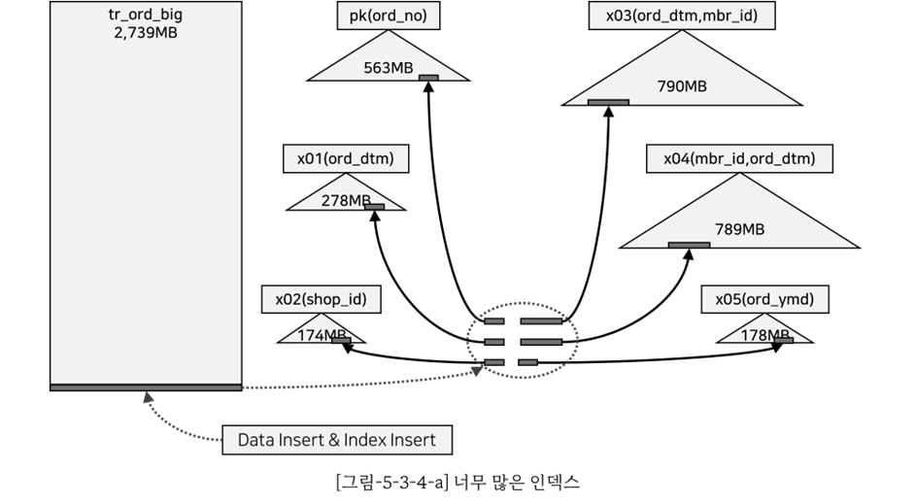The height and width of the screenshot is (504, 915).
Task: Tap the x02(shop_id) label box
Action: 321,299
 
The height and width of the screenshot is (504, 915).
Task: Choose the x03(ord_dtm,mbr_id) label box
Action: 682,16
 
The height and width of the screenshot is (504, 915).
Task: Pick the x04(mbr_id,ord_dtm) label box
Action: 739,158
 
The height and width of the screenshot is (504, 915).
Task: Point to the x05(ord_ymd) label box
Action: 764,299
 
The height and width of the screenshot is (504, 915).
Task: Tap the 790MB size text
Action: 682,86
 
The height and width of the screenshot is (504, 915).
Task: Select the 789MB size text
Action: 739,229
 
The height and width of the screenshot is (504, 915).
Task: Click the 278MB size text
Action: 345,201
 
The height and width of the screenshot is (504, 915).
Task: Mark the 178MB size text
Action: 763,335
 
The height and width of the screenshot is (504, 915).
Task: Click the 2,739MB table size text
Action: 146,33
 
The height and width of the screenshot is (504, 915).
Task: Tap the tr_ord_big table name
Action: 146,16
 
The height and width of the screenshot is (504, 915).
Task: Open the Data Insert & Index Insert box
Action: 337,440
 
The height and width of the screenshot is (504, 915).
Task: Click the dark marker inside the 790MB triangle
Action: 608,102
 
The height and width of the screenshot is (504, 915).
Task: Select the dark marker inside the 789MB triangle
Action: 689,245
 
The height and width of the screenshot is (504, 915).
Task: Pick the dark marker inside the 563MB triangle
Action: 428,78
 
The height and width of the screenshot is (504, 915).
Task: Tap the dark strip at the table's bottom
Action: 146,388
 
